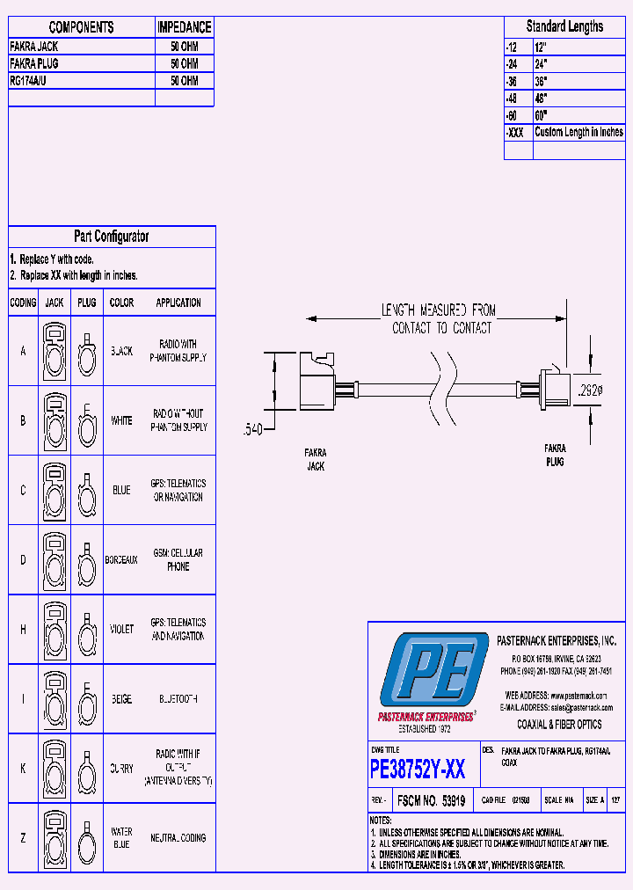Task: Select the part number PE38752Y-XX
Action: [x=418, y=770]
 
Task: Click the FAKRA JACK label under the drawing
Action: [x=316, y=460]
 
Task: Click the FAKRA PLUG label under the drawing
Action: [x=554, y=455]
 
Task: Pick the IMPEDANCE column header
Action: [x=185, y=28]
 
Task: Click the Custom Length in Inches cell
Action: [x=578, y=132]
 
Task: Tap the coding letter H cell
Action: [x=23, y=630]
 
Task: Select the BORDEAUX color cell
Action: [x=121, y=560]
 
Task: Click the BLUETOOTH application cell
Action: [x=178, y=699]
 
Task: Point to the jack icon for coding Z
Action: [x=55, y=838]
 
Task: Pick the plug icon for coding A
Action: [x=86, y=352]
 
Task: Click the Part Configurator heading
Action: [x=112, y=237]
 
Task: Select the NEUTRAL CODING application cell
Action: [x=178, y=838]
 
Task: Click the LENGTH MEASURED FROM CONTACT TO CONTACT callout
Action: [x=438, y=318]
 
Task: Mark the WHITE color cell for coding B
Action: [x=121, y=420]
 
